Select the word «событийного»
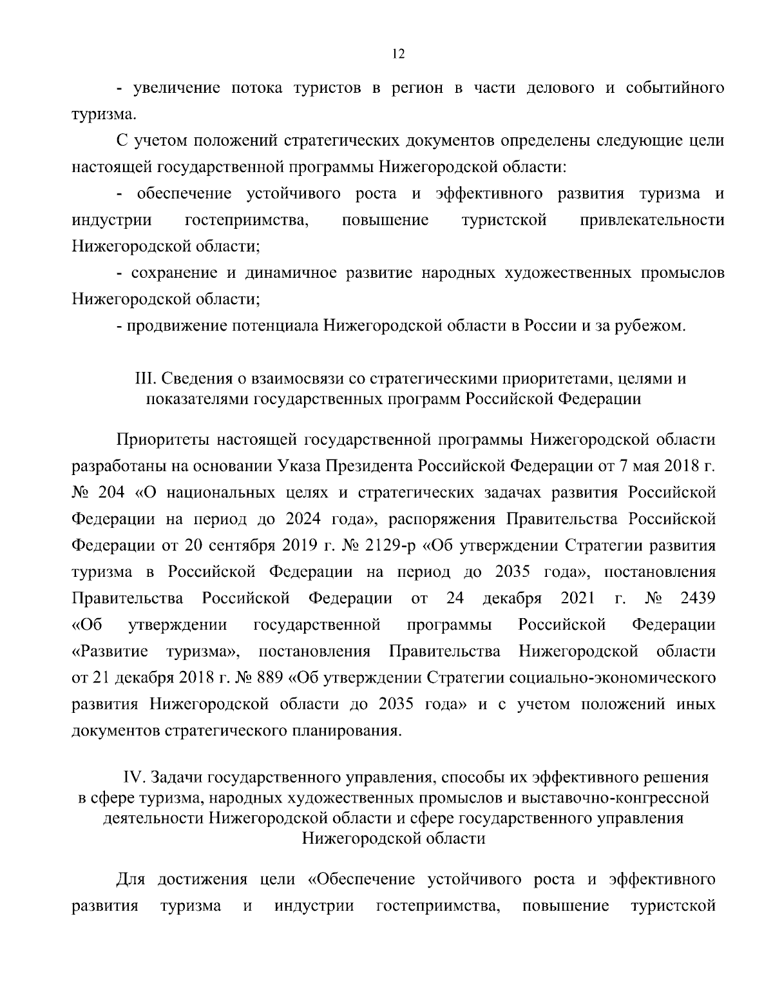coord(674,88)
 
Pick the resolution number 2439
coord(698,599)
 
